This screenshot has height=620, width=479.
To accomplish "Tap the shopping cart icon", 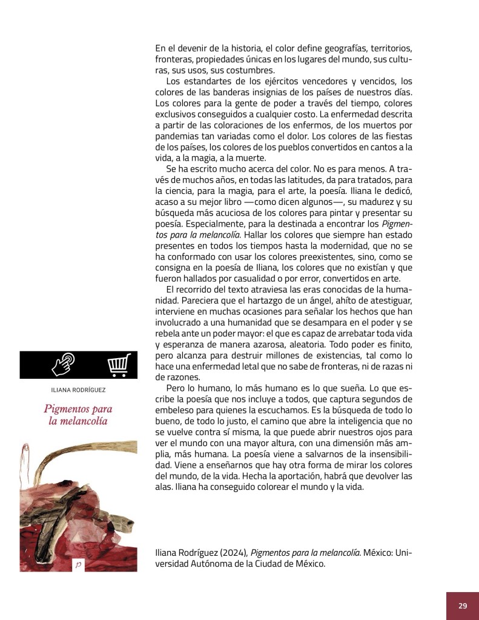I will [x=119, y=365].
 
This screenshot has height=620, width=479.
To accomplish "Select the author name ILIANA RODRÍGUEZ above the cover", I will [x=78, y=390].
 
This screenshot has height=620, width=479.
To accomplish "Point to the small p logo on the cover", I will [x=78, y=564].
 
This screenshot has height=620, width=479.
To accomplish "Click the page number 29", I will [x=463, y=605].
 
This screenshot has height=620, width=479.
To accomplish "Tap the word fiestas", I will [x=397, y=136].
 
